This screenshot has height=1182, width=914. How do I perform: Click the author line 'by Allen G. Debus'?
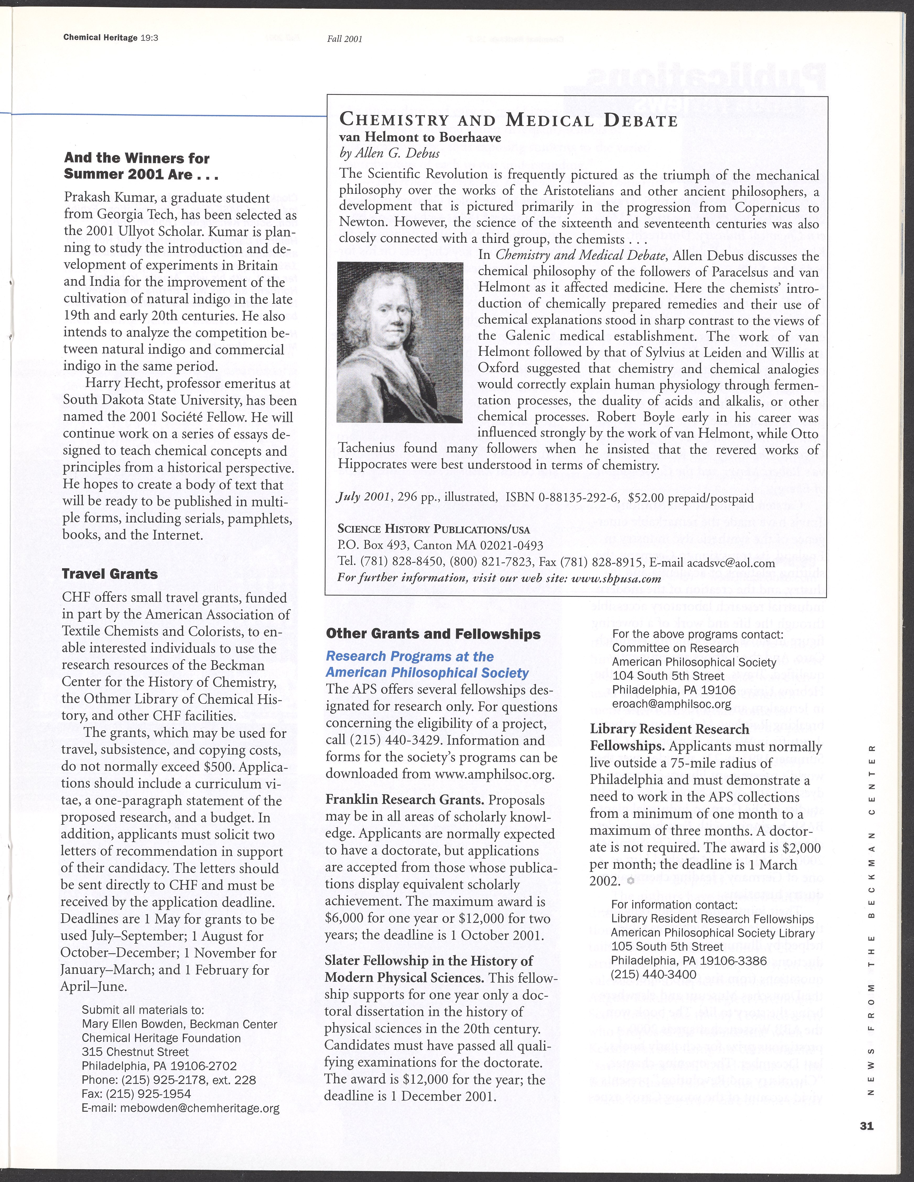click(389, 153)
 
